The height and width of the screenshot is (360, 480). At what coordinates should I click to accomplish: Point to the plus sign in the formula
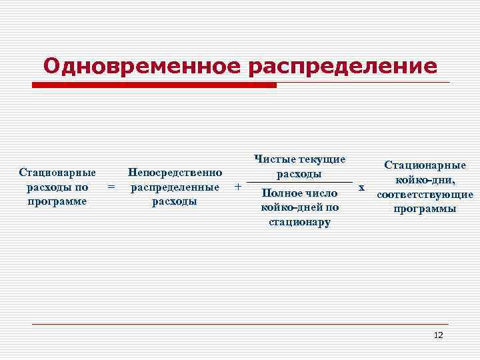[x=238, y=187]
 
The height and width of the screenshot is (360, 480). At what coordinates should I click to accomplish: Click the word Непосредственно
[x=175, y=173]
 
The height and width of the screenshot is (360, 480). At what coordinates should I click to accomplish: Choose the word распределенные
[x=175, y=187]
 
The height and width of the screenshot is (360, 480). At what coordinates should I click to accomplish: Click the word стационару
[x=299, y=222]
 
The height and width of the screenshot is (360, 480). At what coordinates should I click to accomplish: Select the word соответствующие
[x=425, y=195]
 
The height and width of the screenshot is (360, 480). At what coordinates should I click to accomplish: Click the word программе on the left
[x=57, y=201]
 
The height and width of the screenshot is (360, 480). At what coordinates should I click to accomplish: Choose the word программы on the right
[x=425, y=209]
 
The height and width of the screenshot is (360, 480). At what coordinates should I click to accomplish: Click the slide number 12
[x=438, y=335]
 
